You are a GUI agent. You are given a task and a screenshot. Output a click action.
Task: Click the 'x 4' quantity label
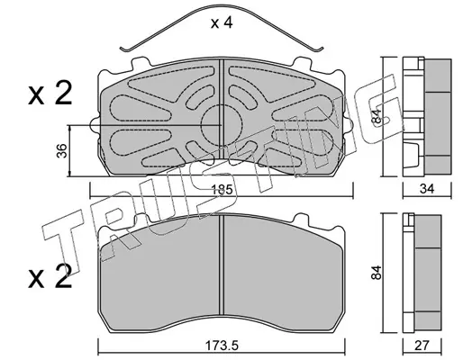[x=222, y=23]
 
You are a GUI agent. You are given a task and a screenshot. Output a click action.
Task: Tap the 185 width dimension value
[x=222, y=190]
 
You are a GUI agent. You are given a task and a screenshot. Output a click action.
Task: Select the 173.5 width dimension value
[x=222, y=346]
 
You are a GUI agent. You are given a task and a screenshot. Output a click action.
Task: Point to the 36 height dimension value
[x=62, y=151]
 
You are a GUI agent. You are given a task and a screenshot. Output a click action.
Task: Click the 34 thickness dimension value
[x=427, y=189]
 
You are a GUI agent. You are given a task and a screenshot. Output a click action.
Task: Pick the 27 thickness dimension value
[x=422, y=346]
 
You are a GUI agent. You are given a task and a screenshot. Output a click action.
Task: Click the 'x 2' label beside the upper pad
[x=50, y=94]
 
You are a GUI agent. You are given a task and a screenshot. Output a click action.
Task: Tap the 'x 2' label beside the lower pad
[x=50, y=276]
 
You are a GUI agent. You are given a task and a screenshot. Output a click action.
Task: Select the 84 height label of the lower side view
[x=376, y=273]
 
